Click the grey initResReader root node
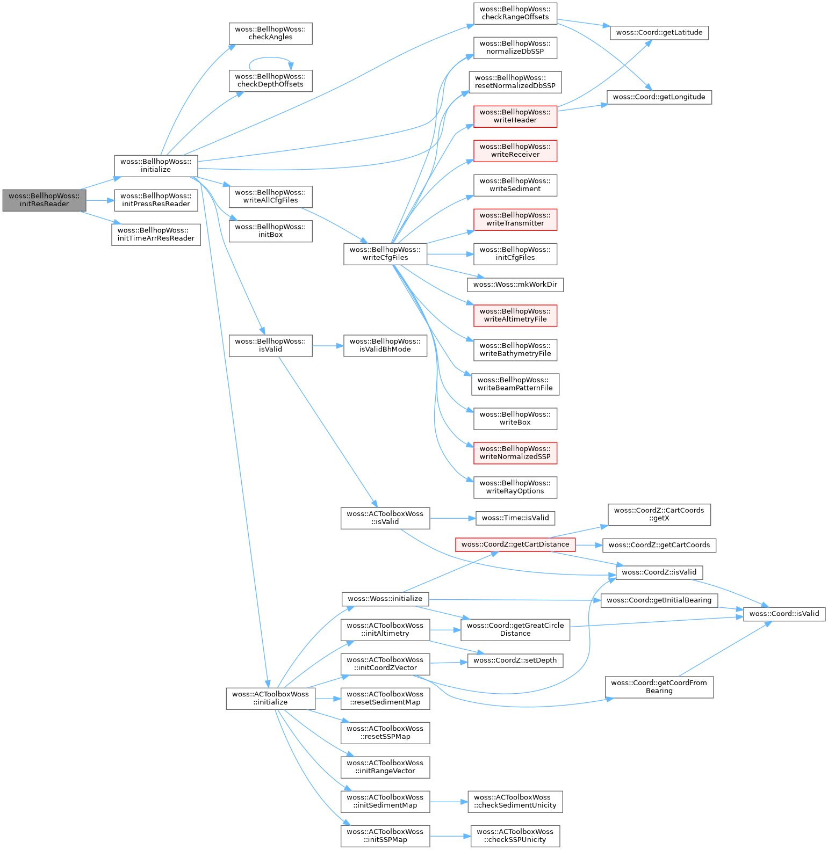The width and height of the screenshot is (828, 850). (44, 200)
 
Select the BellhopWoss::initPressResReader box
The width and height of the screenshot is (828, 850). (156, 200)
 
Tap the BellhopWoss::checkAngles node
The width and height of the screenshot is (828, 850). (270, 33)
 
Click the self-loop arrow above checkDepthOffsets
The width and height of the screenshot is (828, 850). (270, 58)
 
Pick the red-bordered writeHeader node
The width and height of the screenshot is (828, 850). (515, 116)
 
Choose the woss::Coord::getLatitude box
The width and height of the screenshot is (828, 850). (659, 33)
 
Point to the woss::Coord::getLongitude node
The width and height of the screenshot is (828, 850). (659, 97)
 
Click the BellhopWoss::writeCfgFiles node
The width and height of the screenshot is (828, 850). (385, 253)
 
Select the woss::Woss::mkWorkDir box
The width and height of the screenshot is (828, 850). (515, 285)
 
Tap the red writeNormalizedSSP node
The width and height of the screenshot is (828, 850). (515, 453)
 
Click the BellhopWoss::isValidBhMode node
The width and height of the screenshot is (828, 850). (385, 345)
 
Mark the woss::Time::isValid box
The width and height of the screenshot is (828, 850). (515, 518)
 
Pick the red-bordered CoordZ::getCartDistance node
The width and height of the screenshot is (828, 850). (515, 544)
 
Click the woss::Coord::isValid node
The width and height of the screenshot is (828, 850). (783, 614)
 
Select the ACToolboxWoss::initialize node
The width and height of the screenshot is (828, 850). (270, 698)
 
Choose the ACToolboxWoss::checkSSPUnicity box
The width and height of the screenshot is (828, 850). (515, 836)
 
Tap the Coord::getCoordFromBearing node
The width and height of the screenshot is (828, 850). (659, 687)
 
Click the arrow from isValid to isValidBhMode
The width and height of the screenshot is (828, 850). (328, 346)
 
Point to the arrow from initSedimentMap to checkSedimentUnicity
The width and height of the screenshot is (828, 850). (449, 802)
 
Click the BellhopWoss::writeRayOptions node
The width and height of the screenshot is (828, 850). (515, 487)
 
